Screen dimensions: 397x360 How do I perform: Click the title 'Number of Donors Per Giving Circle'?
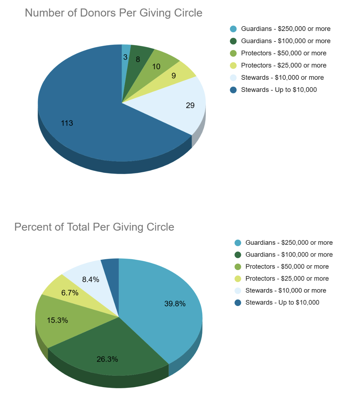(114, 13)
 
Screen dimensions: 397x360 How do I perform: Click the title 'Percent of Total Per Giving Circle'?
(94, 227)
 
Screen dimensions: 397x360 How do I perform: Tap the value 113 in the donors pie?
(67, 123)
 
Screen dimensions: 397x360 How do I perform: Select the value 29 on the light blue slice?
(190, 105)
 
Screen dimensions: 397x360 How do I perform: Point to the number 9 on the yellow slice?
(174, 76)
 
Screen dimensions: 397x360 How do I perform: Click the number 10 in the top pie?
(156, 67)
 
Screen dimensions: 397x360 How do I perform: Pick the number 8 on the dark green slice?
(138, 59)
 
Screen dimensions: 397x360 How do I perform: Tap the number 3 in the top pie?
(125, 57)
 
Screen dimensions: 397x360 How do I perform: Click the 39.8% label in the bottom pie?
(175, 304)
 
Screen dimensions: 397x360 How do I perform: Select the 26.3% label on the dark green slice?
(107, 359)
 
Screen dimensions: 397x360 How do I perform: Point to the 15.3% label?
(57, 320)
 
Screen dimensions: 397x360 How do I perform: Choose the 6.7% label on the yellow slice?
(70, 293)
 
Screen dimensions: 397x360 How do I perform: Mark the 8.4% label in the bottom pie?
(91, 280)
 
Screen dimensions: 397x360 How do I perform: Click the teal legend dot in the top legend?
(233, 29)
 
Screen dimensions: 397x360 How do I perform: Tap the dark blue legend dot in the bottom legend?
(238, 303)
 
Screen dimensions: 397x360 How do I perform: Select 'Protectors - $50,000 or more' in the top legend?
(283, 53)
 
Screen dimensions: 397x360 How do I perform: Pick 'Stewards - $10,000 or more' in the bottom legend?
(286, 290)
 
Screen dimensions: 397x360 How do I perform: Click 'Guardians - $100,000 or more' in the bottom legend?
(289, 254)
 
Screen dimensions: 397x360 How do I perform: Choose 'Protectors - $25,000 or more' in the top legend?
(283, 65)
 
